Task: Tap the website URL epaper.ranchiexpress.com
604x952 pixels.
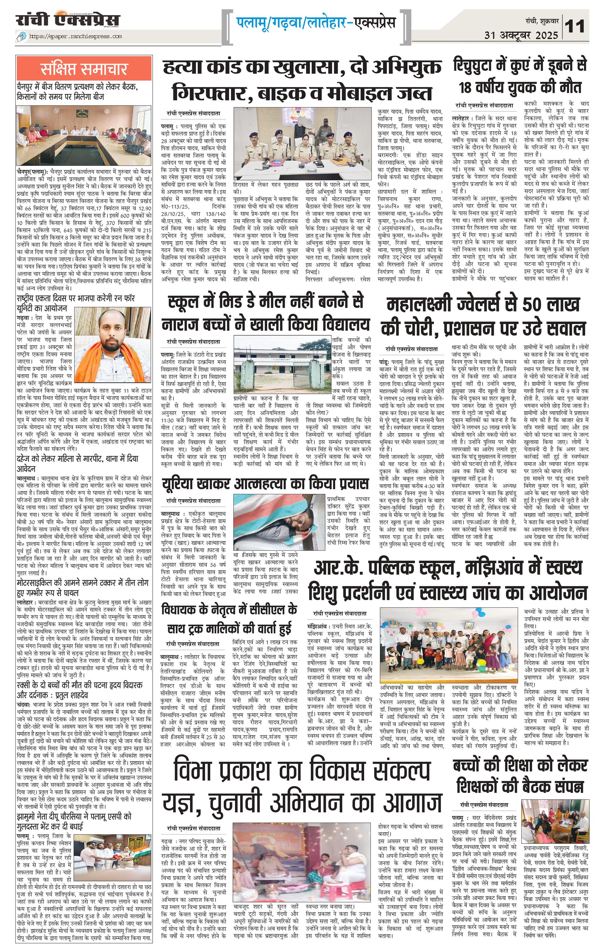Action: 75,36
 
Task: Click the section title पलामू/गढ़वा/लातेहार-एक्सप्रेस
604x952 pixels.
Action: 316,23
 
